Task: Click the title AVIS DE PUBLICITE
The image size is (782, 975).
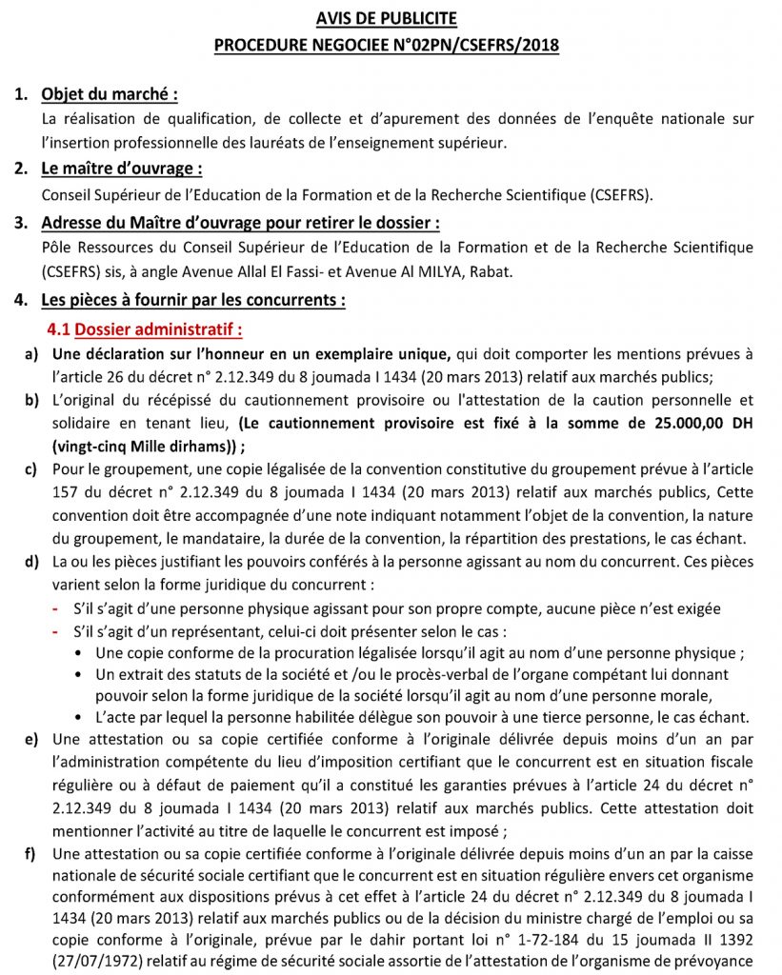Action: point(387,18)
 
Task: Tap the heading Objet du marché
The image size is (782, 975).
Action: point(109,94)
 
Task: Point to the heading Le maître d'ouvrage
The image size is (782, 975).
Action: point(121,169)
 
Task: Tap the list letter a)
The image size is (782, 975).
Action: point(31,354)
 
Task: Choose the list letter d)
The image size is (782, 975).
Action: point(31,561)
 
